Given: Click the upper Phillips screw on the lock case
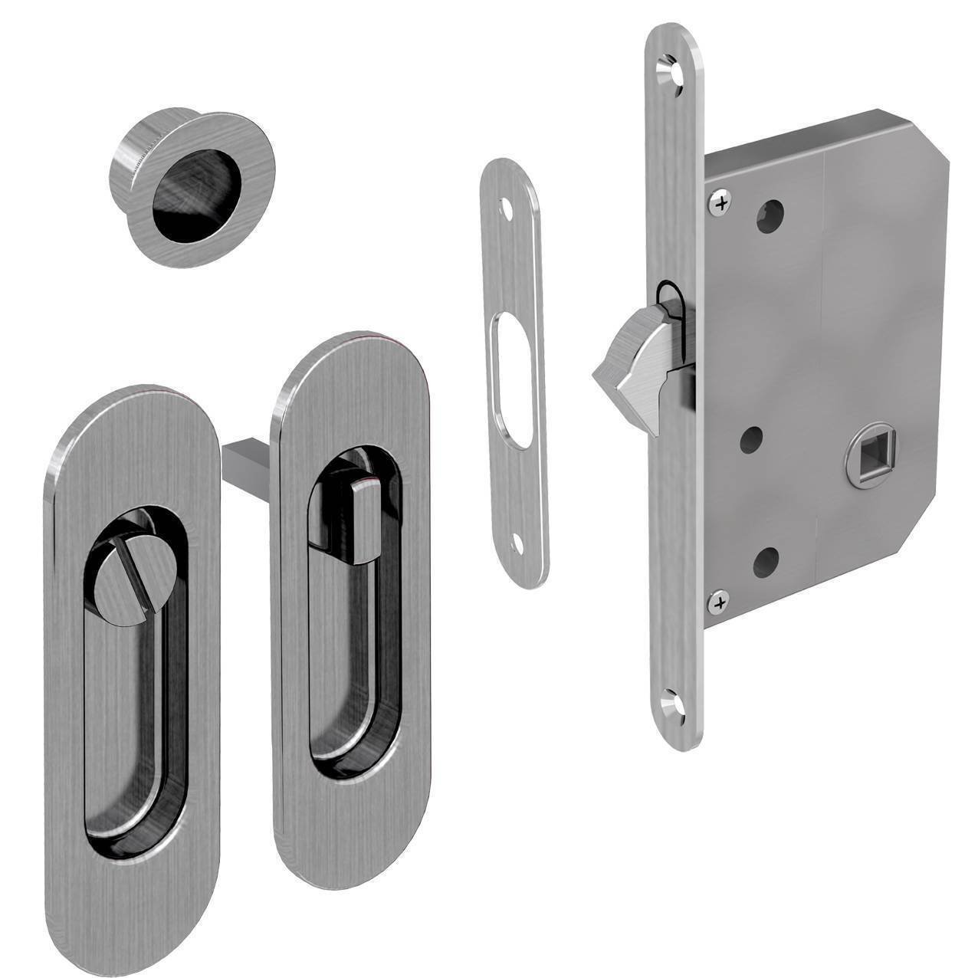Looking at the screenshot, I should [x=720, y=204].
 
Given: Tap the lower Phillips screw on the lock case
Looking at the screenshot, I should [x=719, y=603].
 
